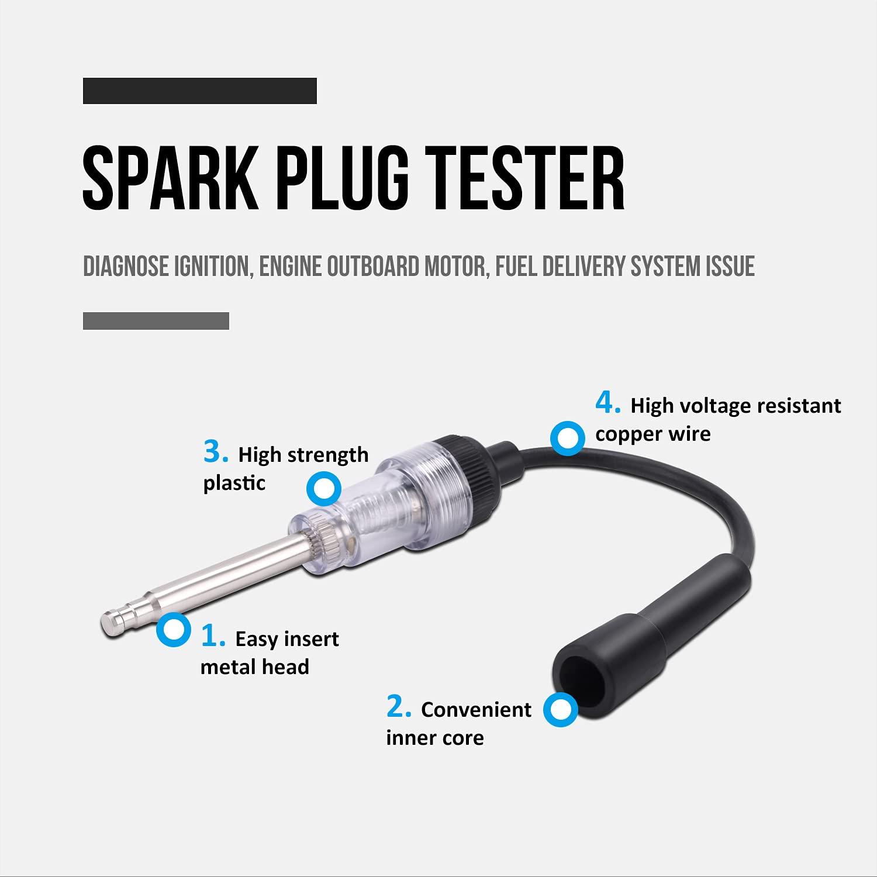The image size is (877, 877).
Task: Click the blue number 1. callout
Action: point(213,637)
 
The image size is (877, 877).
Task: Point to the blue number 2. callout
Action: point(399,707)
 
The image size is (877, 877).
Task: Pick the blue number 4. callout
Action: point(608,403)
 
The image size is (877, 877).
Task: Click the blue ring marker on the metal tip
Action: point(174,630)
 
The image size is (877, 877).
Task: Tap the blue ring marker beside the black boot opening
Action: point(560,710)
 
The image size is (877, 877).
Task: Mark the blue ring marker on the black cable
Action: point(567,438)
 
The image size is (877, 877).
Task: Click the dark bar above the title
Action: point(199,91)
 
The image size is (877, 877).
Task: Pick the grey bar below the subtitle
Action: point(156,321)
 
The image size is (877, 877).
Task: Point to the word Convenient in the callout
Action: point(476,710)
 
